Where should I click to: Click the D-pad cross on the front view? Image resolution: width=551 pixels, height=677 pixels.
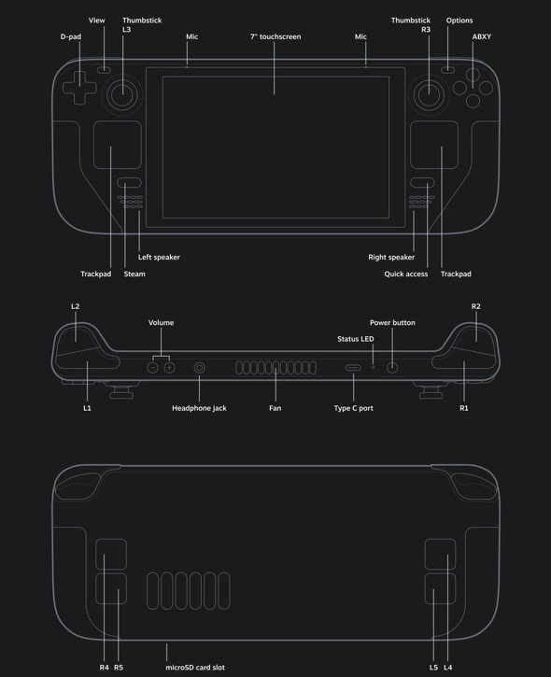(x=79, y=88)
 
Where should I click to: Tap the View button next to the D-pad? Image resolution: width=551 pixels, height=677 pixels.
(x=104, y=69)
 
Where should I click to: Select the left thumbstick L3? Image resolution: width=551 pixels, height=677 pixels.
(x=122, y=94)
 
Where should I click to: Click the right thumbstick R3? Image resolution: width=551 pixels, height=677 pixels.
(x=429, y=94)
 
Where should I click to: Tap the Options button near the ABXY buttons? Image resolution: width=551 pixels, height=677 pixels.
(x=448, y=69)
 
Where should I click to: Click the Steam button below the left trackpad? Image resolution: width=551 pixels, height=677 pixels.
(x=129, y=183)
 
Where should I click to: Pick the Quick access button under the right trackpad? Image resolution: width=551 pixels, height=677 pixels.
(x=422, y=183)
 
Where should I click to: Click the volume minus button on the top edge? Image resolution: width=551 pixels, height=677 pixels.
(x=152, y=367)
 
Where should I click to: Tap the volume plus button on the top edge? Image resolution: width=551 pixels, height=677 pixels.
(x=170, y=367)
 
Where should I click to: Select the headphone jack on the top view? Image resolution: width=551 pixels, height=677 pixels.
(x=199, y=367)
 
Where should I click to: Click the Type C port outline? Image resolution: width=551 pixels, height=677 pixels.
(x=353, y=368)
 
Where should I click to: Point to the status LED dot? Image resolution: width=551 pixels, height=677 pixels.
(x=373, y=367)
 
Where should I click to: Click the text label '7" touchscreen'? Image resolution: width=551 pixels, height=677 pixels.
(x=275, y=36)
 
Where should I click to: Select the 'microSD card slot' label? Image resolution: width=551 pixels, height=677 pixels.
(x=195, y=668)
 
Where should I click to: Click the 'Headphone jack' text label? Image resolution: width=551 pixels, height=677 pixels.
(x=199, y=408)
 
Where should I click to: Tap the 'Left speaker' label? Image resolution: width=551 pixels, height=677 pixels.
(x=159, y=258)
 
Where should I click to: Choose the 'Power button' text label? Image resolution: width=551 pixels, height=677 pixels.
(x=392, y=322)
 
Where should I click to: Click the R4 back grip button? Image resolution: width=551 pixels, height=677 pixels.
(x=111, y=554)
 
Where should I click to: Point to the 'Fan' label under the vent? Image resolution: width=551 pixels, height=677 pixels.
(x=275, y=408)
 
